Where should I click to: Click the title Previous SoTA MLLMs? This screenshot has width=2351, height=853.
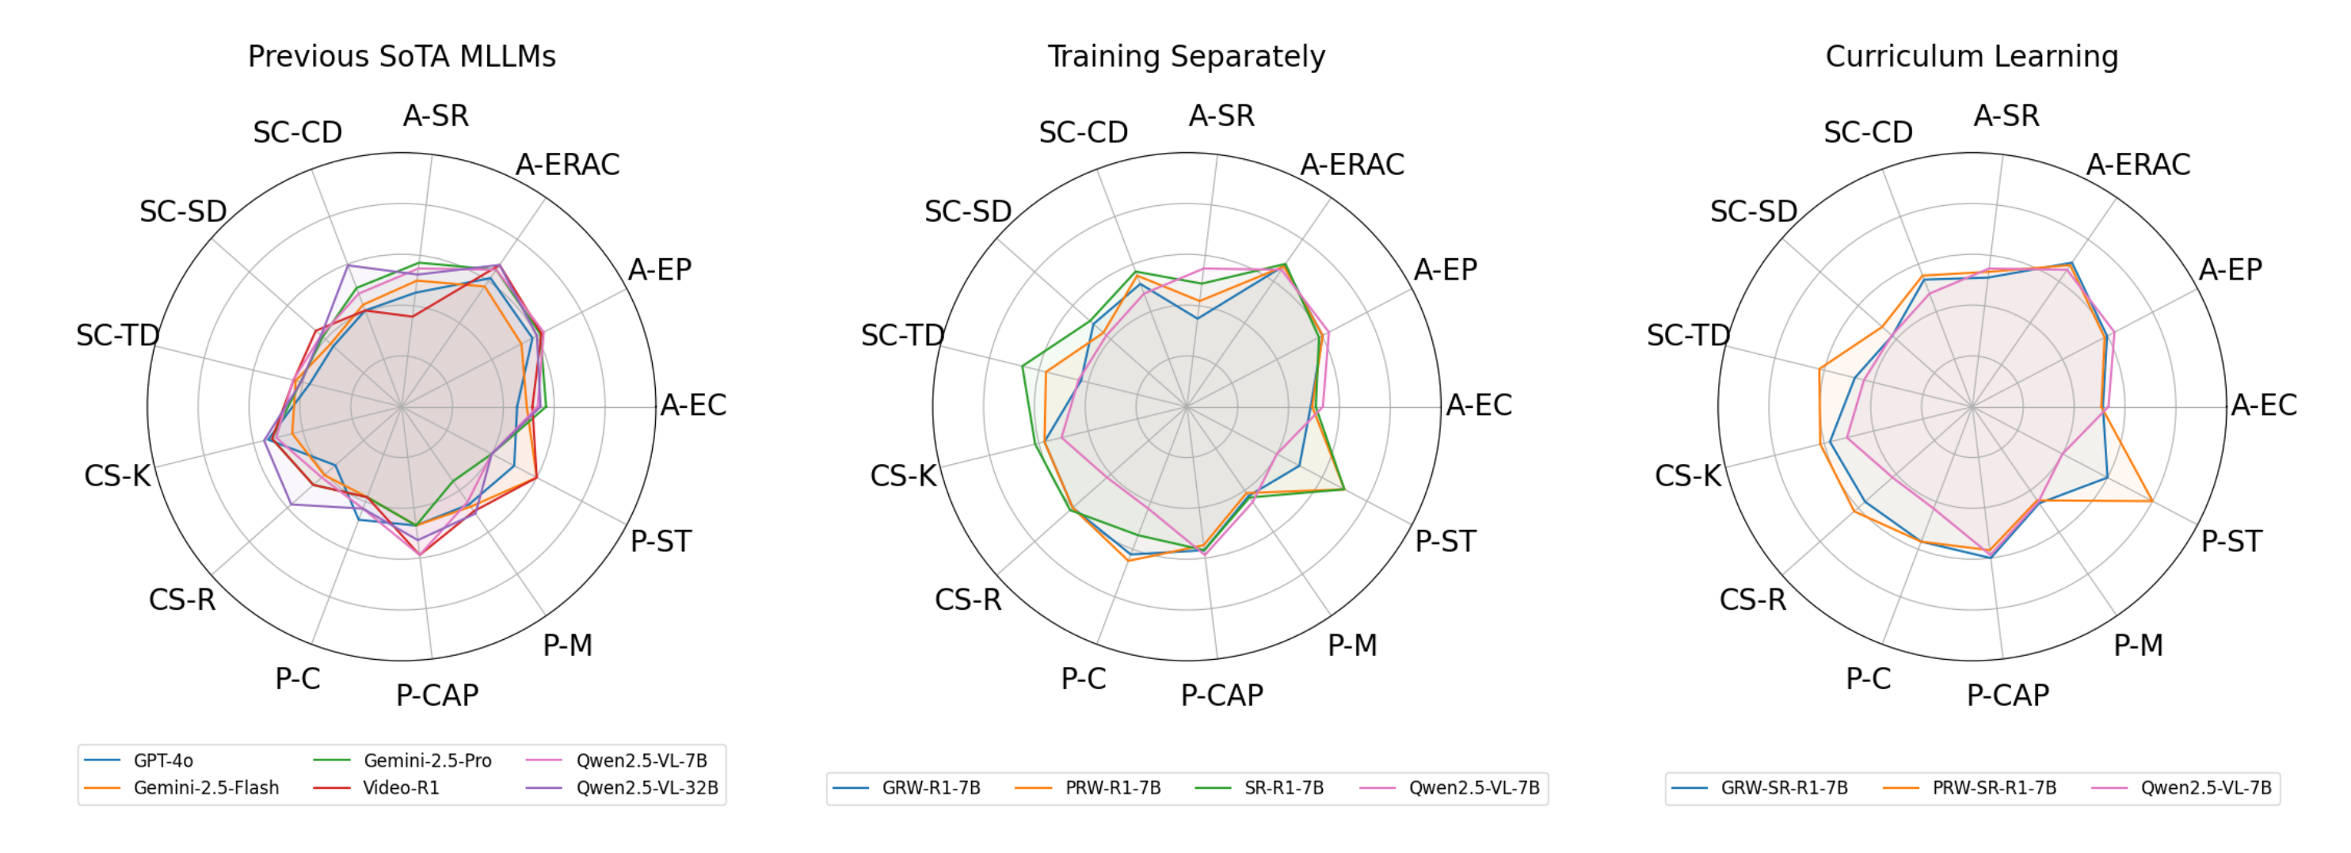point(402,56)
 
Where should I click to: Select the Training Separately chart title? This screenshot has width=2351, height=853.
point(1186,56)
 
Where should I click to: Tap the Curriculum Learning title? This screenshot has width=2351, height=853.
point(1972,56)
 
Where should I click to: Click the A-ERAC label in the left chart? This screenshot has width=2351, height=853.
point(567,164)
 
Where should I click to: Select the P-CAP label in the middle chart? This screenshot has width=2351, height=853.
point(1222,695)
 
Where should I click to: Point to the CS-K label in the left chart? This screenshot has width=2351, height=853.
point(116,475)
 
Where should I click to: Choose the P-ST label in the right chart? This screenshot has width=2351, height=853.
point(2231,541)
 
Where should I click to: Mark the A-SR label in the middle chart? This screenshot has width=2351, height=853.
point(1221,116)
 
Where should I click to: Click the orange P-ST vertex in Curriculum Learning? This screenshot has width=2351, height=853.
point(2151,500)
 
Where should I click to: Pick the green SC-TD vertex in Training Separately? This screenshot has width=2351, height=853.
point(1023,366)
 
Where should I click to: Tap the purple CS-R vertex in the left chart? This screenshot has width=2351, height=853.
point(290,505)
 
